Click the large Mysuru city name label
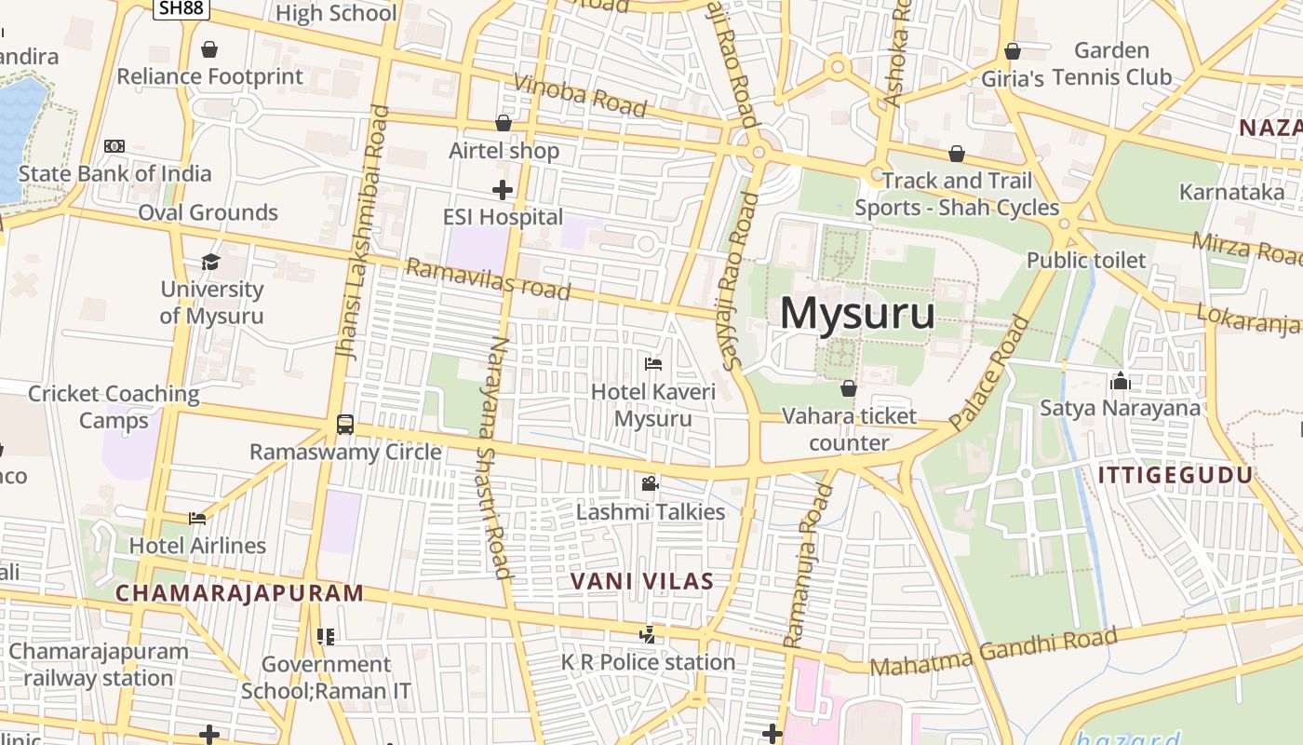click(857, 313)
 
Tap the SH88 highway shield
click(181, 8)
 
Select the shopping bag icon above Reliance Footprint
click(209, 48)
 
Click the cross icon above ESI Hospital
click(503, 190)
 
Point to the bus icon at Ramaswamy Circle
click(344, 425)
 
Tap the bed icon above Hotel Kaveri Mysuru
click(653, 363)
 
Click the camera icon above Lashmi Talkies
click(650, 483)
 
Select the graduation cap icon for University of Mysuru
click(211, 262)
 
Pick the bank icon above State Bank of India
click(114, 146)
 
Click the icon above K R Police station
click(647, 635)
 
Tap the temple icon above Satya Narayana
click(1120, 380)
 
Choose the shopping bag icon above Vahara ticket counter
click(848, 387)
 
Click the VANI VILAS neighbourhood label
click(641, 582)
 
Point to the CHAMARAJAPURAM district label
click(239, 593)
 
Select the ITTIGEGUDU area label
click(1175, 476)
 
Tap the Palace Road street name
click(990, 372)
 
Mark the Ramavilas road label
click(489, 279)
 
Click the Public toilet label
click(1086, 260)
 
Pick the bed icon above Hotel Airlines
click(197, 518)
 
